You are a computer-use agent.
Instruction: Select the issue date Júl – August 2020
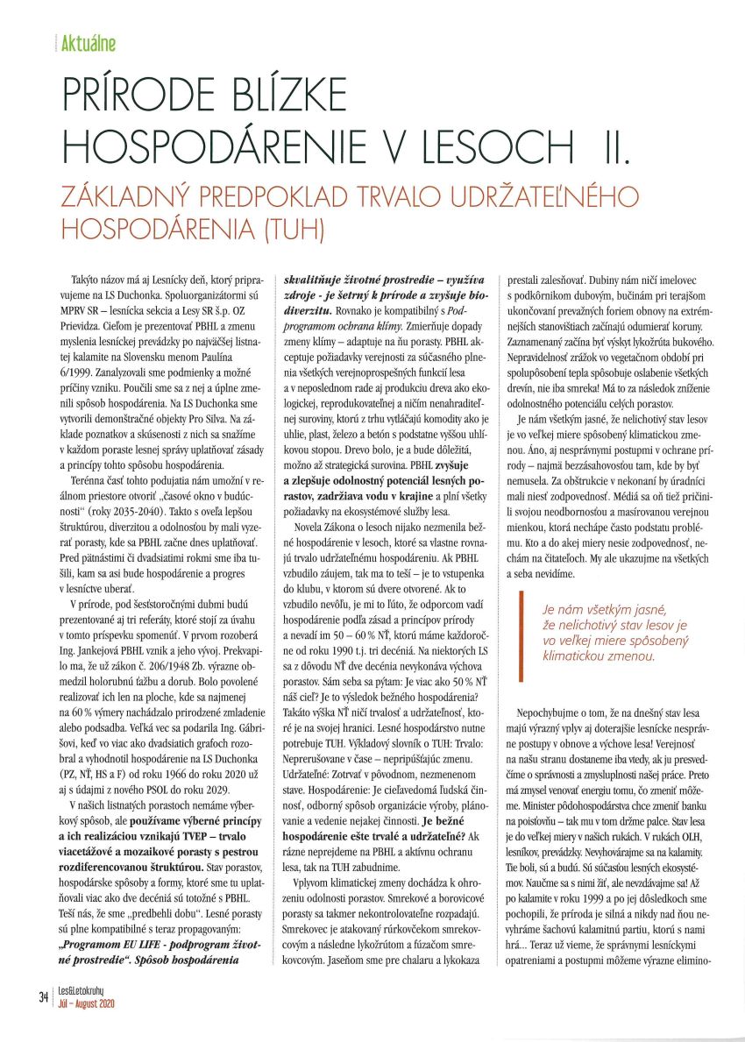pos(86,1003)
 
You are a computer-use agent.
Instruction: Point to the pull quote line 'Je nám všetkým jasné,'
pos(605,608)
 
